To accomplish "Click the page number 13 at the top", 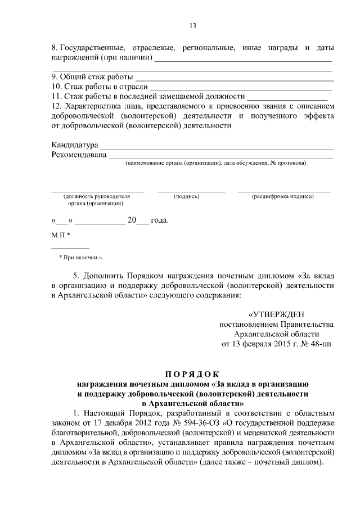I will coord(192,25).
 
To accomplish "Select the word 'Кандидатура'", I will coord(75,145).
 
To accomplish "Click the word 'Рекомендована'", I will coord(79,155).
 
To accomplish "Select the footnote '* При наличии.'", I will coord(82,257).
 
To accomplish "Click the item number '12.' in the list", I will coord(56,105).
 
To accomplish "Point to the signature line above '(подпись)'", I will coord(191,191).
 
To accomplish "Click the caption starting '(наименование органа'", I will coord(216,163).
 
